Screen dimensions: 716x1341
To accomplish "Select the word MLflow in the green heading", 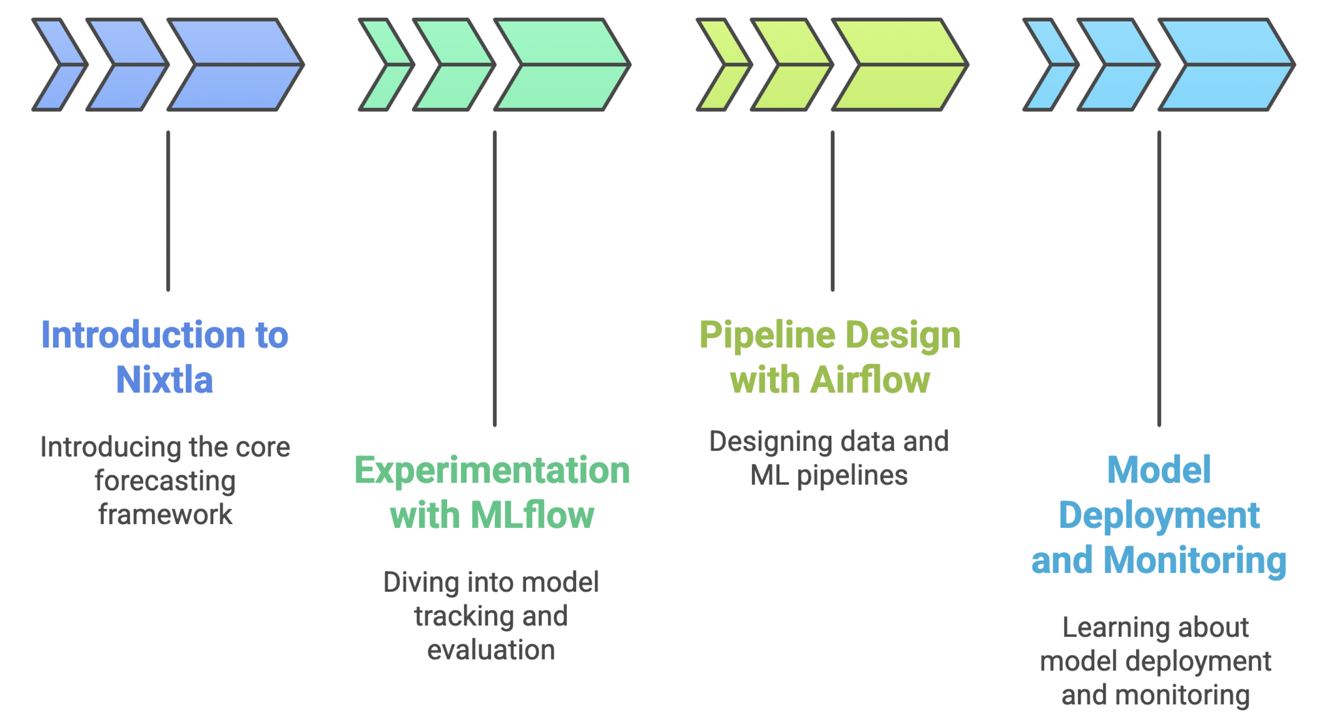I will tap(532, 515).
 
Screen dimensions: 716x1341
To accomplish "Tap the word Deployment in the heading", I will tap(1159, 515).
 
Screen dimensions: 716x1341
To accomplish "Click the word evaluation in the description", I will tap(491, 650).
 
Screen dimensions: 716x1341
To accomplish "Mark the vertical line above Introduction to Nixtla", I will tap(168, 211).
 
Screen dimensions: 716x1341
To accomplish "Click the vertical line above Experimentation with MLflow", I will tap(494, 279).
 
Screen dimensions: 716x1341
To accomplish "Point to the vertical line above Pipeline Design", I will tap(832, 211).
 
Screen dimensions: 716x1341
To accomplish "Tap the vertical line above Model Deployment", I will tap(1159, 279).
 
